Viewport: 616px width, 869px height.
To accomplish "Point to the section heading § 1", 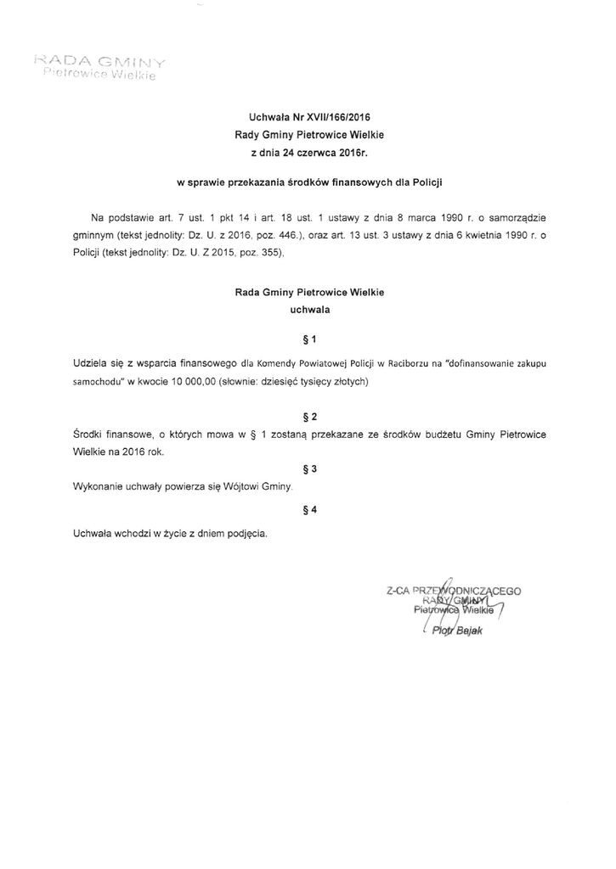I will pos(309,340).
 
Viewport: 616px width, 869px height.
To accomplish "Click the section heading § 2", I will pos(309,417).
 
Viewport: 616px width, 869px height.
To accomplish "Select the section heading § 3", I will pos(309,468).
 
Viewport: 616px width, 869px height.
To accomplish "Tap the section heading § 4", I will pos(309,509).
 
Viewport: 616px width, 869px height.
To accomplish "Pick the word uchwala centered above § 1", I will pos(309,311).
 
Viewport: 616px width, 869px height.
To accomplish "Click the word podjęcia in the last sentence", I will pos(248,534).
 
